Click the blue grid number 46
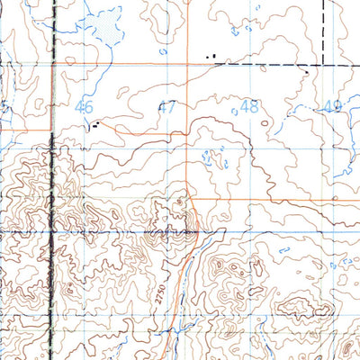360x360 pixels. click(x=85, y=106)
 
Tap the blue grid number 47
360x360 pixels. click(x=167, y=106)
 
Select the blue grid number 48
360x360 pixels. click(x=249, y=106)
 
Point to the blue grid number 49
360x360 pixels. click(x=333, y=106)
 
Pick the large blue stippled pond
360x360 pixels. click(x=106, y=24)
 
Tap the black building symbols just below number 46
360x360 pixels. click(x=94, y=127)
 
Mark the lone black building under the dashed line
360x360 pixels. click(x=306, y=71)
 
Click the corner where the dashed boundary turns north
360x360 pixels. click(x=322, y=65)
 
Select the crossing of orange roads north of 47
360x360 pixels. click(x=187, y=64)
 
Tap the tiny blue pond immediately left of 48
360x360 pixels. click(x=232, y=108)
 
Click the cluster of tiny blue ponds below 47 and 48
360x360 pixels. click(x=212, y=159)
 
